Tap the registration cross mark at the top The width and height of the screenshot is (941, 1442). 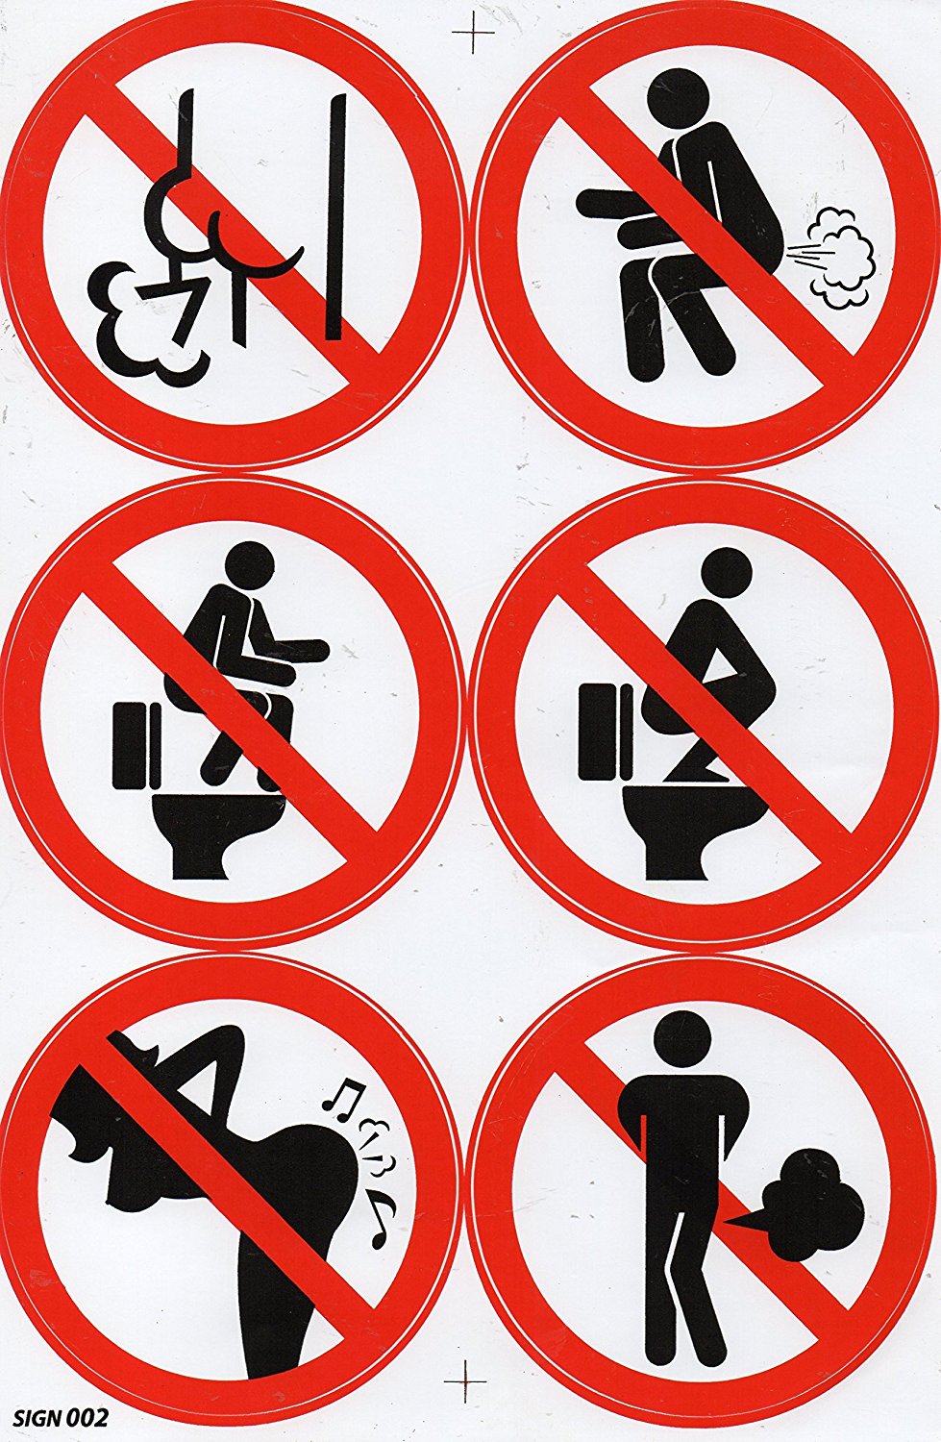[x=473, y=32]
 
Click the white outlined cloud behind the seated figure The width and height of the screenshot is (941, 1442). [x=841, y=258]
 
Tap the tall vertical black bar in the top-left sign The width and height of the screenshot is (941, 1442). [x=335, y=216]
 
